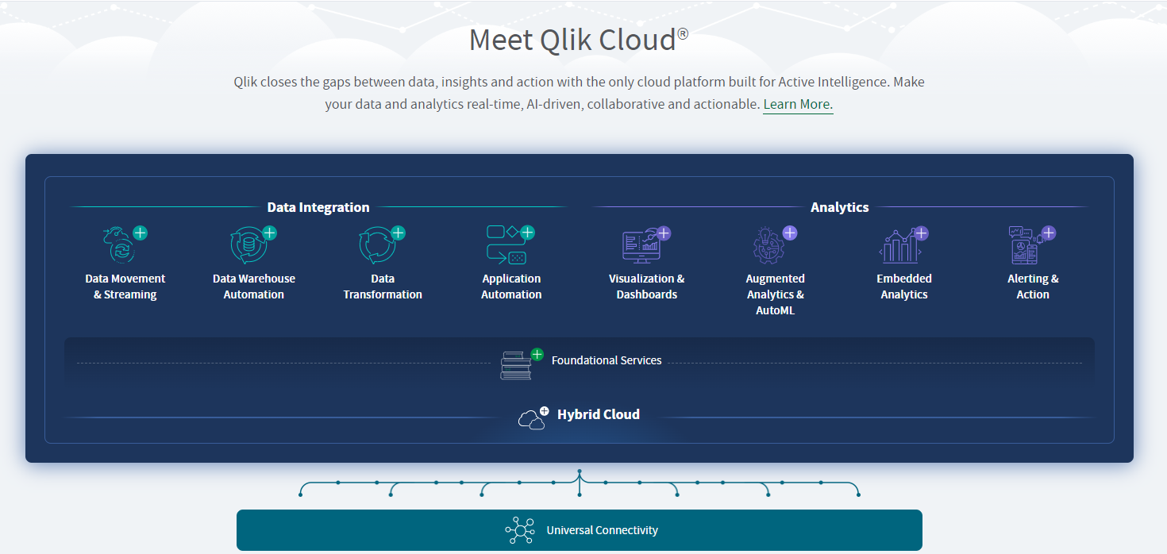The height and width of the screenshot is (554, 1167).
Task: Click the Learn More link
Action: [798, 104]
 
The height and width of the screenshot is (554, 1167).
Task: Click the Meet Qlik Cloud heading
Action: [579, 40]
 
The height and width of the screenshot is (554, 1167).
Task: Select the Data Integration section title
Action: [318, 207]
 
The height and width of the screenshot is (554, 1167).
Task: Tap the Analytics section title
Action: [839, 207]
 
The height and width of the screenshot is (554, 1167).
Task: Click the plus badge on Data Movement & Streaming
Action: [141, 233]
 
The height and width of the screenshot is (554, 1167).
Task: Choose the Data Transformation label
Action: [383, 287]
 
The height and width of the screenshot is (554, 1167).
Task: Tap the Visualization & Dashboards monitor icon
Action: [641, 246]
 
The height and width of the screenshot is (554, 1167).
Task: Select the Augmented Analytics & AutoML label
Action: [775, 294]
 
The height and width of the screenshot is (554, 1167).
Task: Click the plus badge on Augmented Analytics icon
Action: [790, 233]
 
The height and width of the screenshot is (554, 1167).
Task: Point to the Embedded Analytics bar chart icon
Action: [900, 247]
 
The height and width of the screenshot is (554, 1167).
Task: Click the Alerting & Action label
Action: [1033, 287]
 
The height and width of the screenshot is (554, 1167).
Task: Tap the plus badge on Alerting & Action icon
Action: [1049, 233]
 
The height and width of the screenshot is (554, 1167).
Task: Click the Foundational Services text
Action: [607, 360]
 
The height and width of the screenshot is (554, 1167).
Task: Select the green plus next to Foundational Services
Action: [537, 355]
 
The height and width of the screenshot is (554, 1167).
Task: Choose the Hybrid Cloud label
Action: [598, 414]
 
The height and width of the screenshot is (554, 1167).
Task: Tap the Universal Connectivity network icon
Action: [520, 530]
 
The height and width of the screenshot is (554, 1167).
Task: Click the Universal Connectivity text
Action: [603, 530]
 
